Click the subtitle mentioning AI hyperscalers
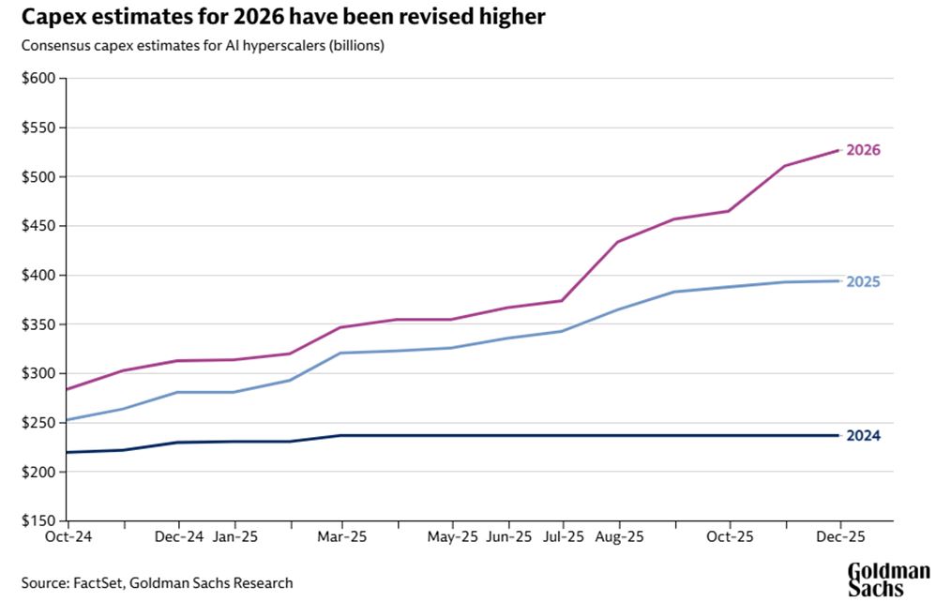tap(204, 46)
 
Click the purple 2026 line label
tap(863, 150)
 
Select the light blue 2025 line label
tap(863, 281)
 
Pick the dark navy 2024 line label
tap(863, 436)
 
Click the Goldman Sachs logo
tap(888, 579)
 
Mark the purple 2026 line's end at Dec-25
tap(838, 150)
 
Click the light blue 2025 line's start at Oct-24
tap(68, 420)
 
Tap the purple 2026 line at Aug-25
tap(618, 242)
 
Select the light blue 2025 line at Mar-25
tap(342, 353)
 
